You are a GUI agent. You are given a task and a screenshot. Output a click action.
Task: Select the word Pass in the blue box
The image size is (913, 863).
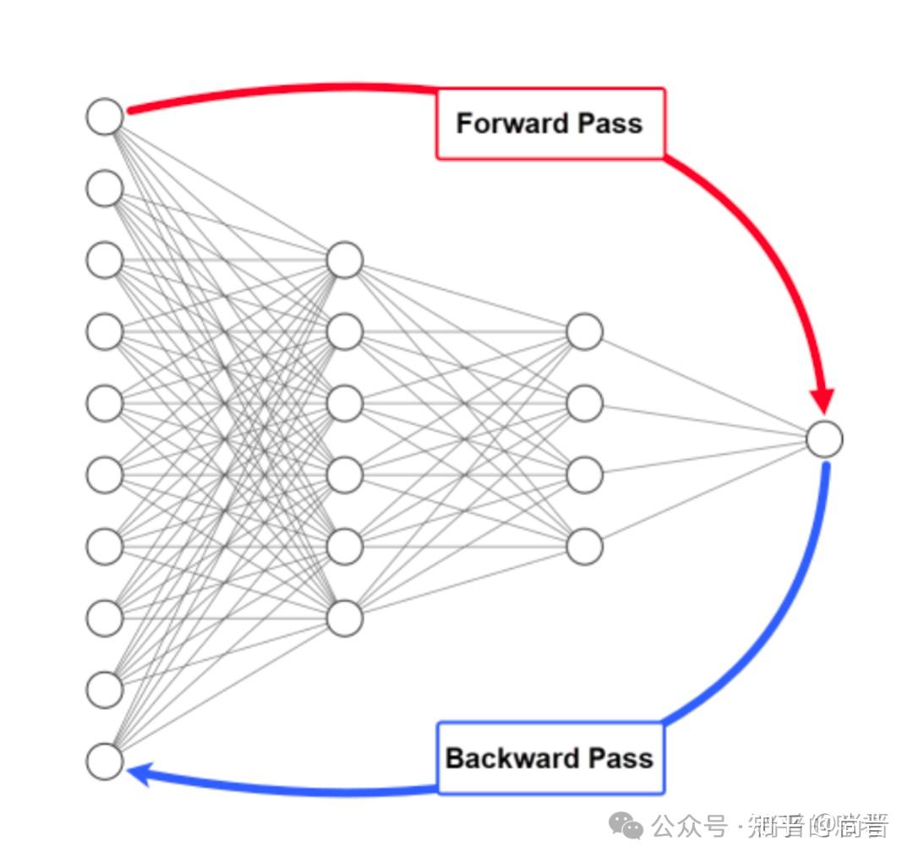(x=621, y=757)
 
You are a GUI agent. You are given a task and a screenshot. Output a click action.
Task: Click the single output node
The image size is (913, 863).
(x=824, y=440)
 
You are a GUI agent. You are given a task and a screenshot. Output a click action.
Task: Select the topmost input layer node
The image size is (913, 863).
(x=105, y=117)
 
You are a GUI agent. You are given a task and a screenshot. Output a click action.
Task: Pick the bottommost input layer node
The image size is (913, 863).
(x=105, y=762)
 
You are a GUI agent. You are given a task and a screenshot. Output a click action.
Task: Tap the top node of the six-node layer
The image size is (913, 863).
(x=345, y=260)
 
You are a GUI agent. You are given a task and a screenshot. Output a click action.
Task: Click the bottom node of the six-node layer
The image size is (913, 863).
(x=345, y=618)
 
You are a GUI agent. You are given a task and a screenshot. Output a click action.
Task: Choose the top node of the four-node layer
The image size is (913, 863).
(x=584, y=331)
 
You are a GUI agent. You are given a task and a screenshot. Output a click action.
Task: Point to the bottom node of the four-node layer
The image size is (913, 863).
(x=584, y=547)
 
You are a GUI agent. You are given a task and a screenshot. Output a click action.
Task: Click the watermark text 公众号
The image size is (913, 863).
(x=689, y=826)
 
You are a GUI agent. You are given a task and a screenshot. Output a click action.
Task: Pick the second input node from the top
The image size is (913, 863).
(x=105, y=188)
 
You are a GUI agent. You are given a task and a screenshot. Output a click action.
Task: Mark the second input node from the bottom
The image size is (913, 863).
(x=105, y=690)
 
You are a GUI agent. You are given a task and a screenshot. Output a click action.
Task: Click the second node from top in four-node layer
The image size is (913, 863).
(x=584, y=403)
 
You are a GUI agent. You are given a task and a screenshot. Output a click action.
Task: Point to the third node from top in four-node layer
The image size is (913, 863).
(x=584, y=475)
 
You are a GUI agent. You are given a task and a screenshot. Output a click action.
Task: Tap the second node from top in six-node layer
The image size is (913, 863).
(x=345, y=331)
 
